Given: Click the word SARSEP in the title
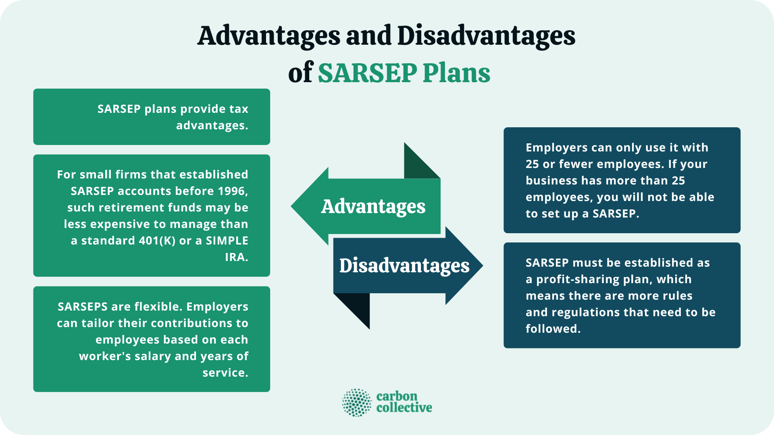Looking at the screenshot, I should (x=367, y=73).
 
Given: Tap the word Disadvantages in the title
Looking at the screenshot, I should (x=486, y=36).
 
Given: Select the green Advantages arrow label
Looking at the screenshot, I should (x=373, y=207).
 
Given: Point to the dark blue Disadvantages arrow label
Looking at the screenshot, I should (x=404, y=266).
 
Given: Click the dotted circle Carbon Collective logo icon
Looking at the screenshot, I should (x=356, y=402).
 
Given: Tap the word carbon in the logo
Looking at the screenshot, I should (x=397, y=396).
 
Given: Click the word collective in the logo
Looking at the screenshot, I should (x=404, y=408).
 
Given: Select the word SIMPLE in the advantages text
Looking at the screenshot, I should (x=227, y=240).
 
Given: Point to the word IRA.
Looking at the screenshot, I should (x=236, y=257).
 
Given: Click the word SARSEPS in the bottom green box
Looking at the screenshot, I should (x=83, y=307).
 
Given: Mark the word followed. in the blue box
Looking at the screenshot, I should (x=553, y=329).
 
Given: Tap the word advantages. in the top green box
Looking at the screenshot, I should (x=212, y=126).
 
